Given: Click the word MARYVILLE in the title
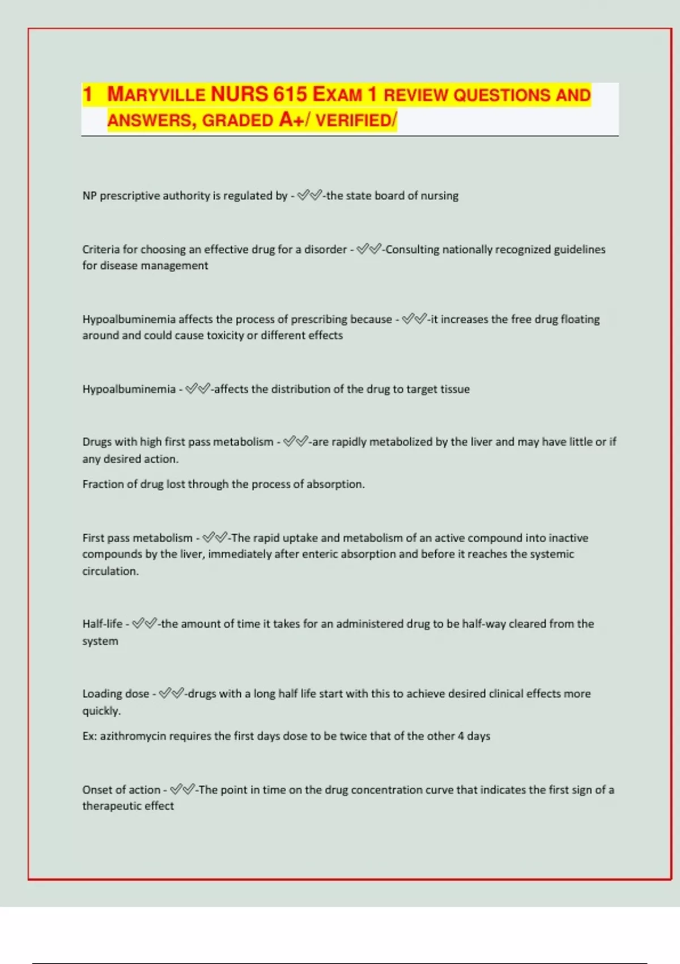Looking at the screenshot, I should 156,94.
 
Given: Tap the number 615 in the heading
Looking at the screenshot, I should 290,94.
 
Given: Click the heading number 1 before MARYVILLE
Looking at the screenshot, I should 87,94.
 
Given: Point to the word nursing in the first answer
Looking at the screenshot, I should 440,196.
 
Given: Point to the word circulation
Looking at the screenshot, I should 110,571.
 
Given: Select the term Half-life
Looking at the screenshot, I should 102,624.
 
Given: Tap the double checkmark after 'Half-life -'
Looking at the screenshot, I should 144,624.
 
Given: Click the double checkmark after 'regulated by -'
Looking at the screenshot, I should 309,196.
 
